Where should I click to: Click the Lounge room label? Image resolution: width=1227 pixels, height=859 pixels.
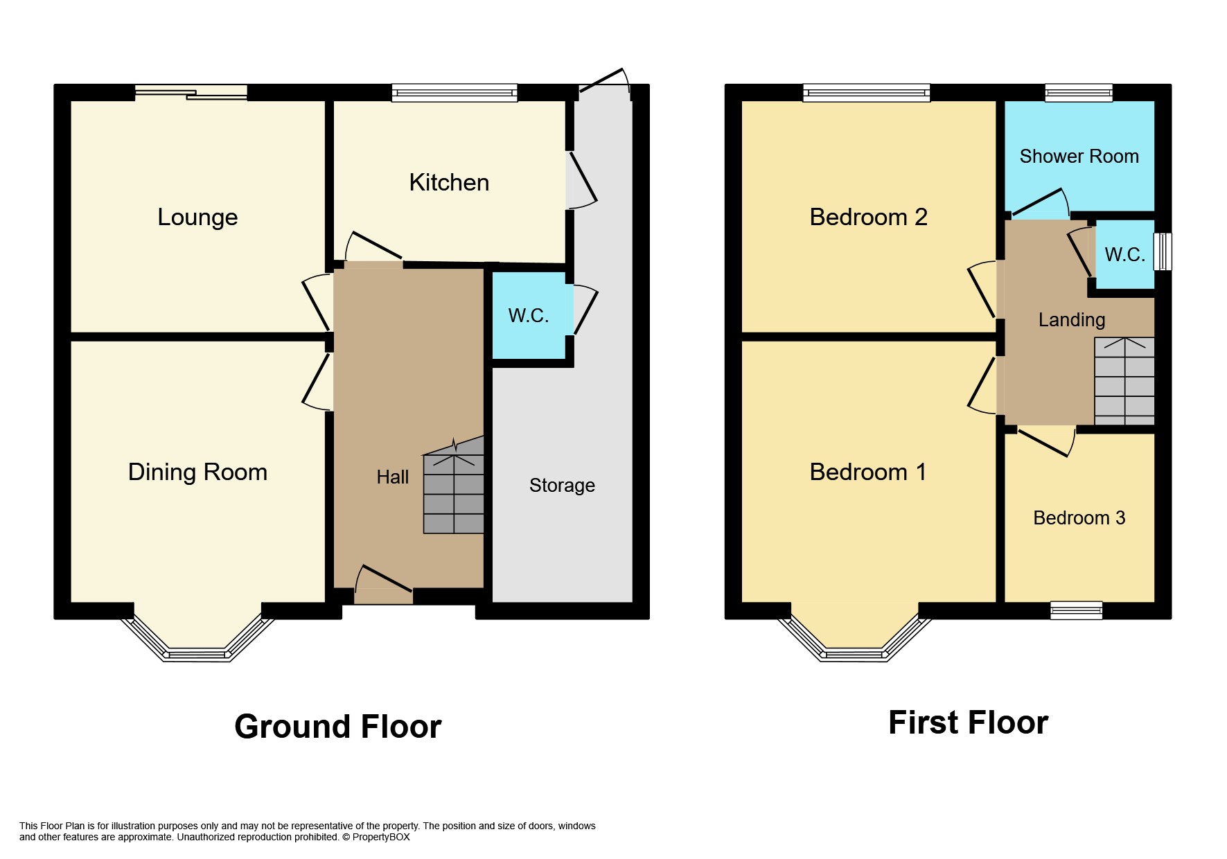pos(197,218)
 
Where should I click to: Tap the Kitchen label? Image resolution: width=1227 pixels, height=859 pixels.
pos(449,183)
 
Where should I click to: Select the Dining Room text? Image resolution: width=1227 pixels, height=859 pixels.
pos(197,472)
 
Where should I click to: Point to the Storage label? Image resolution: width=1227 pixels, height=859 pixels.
pos(562,486)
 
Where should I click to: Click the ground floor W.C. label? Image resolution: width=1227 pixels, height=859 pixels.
pos(528,316)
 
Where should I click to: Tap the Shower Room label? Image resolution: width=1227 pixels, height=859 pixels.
pos(1079,157)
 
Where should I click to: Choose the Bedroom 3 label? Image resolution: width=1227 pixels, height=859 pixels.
pos(1079,518)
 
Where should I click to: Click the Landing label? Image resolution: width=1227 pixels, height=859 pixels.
pos(1071,320)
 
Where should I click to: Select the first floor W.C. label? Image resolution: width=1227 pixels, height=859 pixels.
pos(1124,255)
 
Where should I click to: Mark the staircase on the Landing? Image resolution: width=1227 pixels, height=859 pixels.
pos(1124,381)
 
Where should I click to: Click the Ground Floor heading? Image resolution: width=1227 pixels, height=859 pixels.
pos(337,727)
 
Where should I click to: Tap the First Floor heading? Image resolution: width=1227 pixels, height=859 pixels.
pos(968,723)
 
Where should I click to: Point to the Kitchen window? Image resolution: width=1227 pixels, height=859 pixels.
pos(454,93)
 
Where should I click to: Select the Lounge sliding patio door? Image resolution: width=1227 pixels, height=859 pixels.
pos(191,93)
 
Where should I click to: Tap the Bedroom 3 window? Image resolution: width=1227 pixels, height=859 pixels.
pos(1076,610)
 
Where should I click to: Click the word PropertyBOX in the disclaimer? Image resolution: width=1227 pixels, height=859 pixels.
pos(381,837)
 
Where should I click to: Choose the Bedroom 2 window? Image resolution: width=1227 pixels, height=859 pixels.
pos(866,93)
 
